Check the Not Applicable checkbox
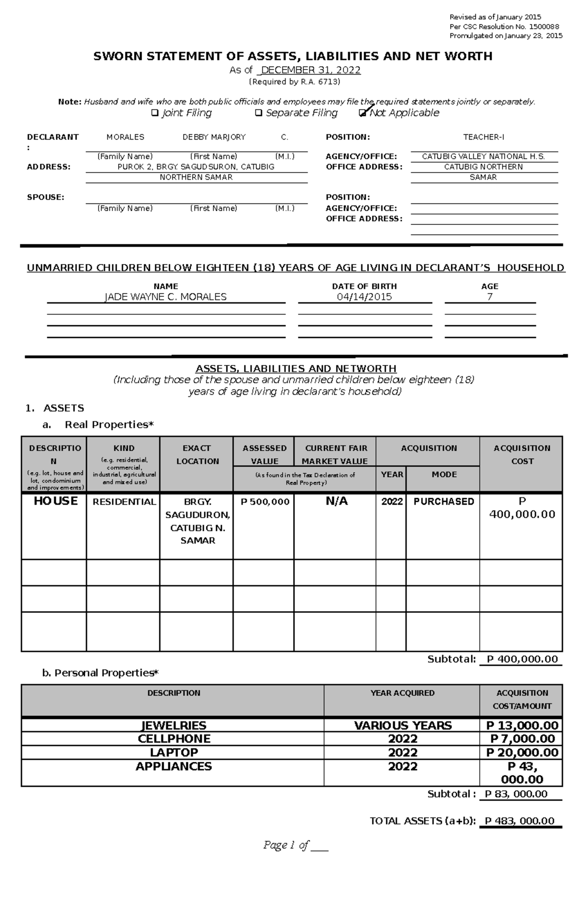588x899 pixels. pos(362,113)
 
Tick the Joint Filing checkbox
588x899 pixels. pos(155,113)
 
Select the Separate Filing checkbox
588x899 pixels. pos(258,113)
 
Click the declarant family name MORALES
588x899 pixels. pos(125,137)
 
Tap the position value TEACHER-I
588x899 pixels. pos(484,137)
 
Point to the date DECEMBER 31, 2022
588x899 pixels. pos(311,70)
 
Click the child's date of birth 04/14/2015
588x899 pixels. pos(364,297)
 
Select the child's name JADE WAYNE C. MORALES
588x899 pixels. pos(166,297)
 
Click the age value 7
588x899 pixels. pos(490,297)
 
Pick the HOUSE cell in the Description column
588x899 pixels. pos(55,501)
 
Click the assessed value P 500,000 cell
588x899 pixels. pos(265,502)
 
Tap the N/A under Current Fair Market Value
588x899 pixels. pos(336,501)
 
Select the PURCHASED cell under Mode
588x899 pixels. pos(443,502)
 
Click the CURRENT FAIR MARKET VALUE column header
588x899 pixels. pos(335,455)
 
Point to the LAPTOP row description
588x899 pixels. pos(174,753)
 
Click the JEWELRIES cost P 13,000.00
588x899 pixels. pos(522,726)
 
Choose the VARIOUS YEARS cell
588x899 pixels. pos(402,726)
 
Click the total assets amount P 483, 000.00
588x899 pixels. pos(519,821)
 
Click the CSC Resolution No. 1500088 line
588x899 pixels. pos(504,26)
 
